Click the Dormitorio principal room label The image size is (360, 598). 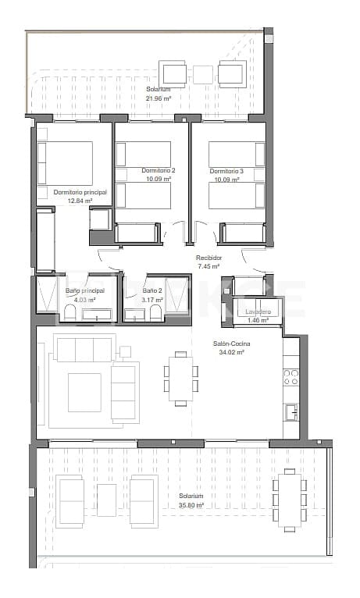(x=79, y=192)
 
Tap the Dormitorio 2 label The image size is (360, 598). (x=159, y=170)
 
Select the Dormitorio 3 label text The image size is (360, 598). (x=226, y=170)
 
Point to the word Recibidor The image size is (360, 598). (x=209, y=258)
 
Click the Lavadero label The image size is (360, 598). (x=258, y=311)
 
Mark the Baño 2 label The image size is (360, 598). (x=153, y=291)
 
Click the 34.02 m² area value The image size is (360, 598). (x=232, y=352)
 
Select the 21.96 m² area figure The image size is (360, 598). (x=158, y=98)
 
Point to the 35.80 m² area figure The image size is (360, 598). (x=191, y=505)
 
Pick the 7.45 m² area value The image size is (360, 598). (x=209, y=266)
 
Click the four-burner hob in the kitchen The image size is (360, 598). (x=290, y=377)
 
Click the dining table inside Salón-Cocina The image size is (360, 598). (x=180, y=379)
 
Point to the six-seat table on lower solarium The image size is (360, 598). (x=289, y=500)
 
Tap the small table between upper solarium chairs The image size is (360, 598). (x=202, y=74)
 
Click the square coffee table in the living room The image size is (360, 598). (x=84, y=392)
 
